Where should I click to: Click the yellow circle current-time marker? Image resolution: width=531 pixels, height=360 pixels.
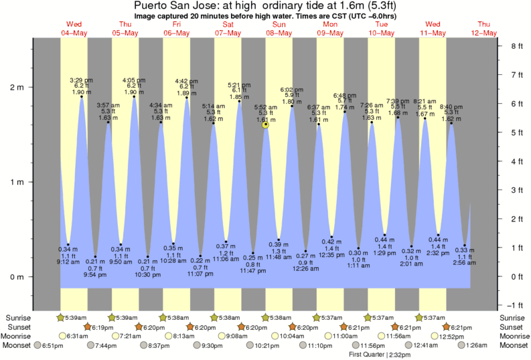point(266,124)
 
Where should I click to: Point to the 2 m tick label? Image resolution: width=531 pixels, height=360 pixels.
point(16,87)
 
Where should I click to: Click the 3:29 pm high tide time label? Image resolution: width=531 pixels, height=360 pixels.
point(81,80)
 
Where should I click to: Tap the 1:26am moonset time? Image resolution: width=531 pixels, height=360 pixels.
point(475,346)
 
